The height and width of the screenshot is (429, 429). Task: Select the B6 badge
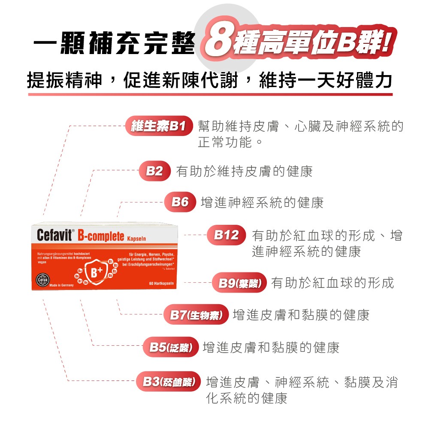pos(180,202)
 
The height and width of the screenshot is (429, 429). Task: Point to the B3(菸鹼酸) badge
pos(169,381)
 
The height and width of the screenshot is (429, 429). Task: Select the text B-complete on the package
pos(101,236)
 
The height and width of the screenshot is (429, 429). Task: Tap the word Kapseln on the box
pos(137,238)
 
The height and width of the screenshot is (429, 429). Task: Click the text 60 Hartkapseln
pos(160,284)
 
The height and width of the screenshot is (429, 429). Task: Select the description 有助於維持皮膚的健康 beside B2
pos(245,172)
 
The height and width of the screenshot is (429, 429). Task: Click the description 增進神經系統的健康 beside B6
pos(262,202)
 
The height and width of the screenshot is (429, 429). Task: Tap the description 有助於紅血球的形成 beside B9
pos(332,283)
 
